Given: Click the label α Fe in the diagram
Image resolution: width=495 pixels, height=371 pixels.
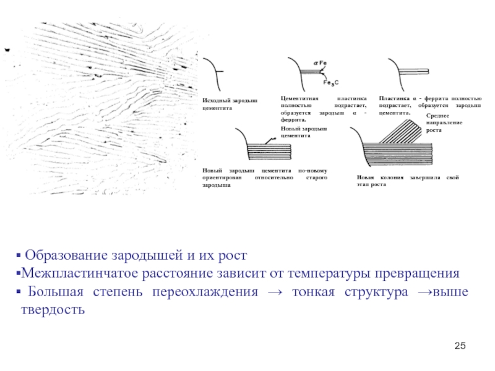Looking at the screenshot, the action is (321, 63).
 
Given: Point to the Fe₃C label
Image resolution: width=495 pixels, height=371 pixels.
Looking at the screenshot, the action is (331, 82).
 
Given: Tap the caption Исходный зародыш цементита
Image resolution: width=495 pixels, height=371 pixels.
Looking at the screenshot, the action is (228, 103).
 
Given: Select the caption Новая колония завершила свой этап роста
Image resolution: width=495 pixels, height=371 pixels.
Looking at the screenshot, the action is (407, 181).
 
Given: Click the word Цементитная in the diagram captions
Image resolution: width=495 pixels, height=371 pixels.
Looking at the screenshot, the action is (299, 99).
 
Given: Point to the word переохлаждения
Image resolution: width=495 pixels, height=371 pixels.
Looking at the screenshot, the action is (216, 291).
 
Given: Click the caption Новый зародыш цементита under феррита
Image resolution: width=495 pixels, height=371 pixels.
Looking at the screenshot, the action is (303, 132).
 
